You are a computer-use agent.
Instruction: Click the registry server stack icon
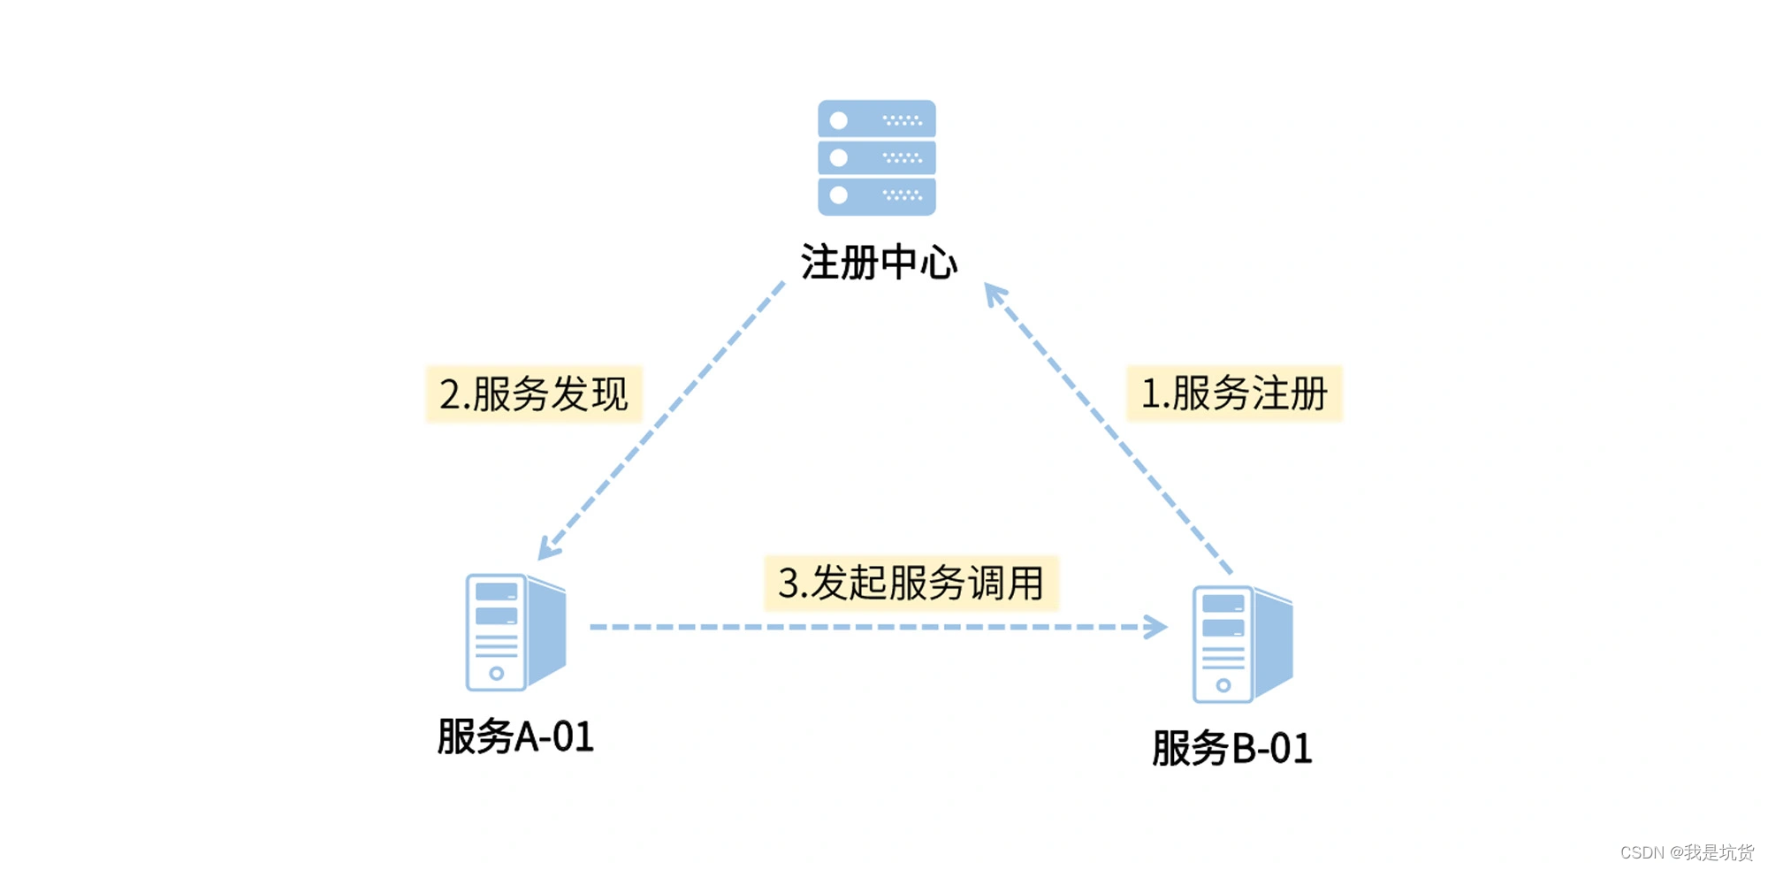click(876, 157)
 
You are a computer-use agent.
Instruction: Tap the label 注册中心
click(879, 263)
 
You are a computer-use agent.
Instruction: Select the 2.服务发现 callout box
click(534, 394)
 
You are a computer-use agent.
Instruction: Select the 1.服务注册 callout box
click(1234, 393)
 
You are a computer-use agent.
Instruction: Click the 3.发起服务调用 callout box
click(911, 584)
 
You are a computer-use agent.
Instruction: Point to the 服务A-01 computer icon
click(515, 631)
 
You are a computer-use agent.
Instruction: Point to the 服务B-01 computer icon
click(1242, 644)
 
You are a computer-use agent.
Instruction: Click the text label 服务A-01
click(515, 736)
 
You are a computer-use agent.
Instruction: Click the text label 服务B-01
click(1231, 748)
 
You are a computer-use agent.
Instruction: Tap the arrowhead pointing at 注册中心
click(994, 294)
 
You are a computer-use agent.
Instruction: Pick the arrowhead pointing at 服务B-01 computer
click(1156, 627)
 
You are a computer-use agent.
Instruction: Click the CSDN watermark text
click(1686, 851)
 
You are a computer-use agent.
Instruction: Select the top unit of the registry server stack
click(876, 119)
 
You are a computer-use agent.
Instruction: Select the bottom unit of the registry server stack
click(876, 195)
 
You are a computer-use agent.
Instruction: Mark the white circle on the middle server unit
click(839, 157)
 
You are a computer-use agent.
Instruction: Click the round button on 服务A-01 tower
click(496, 674)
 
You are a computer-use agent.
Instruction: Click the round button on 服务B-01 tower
click(1223, 685)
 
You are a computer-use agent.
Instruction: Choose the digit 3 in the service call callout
click(789, 584)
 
